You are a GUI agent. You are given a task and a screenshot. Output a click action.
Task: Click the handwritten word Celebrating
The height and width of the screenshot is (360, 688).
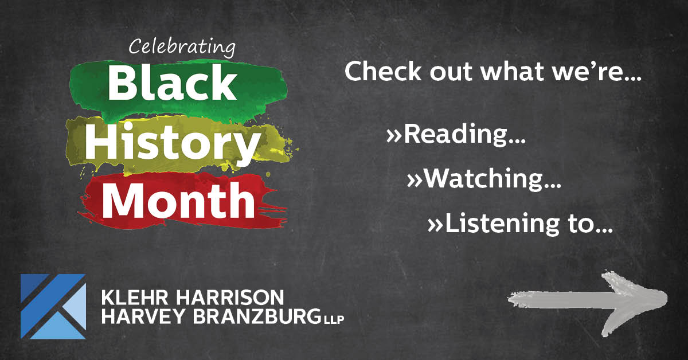182,48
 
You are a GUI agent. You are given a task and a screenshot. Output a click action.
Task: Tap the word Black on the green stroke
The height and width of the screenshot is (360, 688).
172,82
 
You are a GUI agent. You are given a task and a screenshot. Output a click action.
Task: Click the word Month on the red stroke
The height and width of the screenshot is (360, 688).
178,200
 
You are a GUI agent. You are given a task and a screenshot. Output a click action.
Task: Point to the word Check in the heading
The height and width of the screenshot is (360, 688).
383,71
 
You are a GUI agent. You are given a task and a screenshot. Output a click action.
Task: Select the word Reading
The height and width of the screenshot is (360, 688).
464,134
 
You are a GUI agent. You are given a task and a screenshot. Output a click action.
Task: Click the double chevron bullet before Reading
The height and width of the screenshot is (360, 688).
394,136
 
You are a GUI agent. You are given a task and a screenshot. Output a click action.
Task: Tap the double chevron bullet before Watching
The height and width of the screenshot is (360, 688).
415,181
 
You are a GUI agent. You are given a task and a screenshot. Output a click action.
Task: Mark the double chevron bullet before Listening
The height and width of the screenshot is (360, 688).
435,225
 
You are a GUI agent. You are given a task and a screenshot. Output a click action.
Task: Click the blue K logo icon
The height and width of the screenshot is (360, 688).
53,306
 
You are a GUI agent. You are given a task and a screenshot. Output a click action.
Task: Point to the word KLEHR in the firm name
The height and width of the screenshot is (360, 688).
135,298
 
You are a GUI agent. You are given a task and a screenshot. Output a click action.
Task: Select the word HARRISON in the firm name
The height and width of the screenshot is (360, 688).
230,298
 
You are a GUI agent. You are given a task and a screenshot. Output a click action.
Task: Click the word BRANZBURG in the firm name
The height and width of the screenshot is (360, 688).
257,316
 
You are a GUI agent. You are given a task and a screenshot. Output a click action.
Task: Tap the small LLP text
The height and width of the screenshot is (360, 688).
334,319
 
